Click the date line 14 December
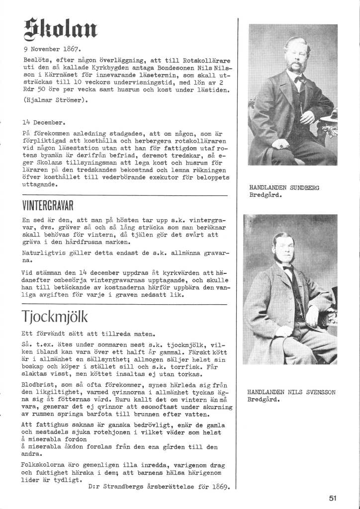44,121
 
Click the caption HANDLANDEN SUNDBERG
284,187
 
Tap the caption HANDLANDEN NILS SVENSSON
291,392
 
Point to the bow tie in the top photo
299,80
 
